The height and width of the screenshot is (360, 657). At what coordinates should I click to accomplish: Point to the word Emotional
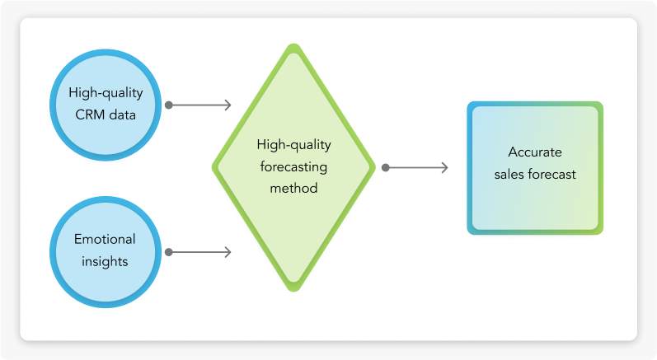click(x=105, y=240)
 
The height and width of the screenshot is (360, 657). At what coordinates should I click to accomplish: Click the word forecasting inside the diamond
click(x=294, y=166)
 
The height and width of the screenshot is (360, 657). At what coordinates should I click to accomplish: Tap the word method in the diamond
click(x=294, y=188)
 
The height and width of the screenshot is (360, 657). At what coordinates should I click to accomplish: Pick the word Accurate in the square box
click(x=535, y=152)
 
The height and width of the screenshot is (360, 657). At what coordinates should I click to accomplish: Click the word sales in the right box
click(x=507, y=174)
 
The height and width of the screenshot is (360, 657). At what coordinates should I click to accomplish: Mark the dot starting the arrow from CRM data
click(x=169, y=105)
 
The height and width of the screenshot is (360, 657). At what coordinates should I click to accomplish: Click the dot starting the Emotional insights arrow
click(x=169, y=251)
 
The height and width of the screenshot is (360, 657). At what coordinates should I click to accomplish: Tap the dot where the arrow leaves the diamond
click(x=385, y=168)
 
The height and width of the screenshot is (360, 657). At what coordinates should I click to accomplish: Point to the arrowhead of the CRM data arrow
click(x=228, y=105)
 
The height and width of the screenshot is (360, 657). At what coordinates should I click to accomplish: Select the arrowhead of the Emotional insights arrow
click(x=228, y=251)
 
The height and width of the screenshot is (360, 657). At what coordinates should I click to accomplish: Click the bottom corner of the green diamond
click(x=294, y=288)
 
